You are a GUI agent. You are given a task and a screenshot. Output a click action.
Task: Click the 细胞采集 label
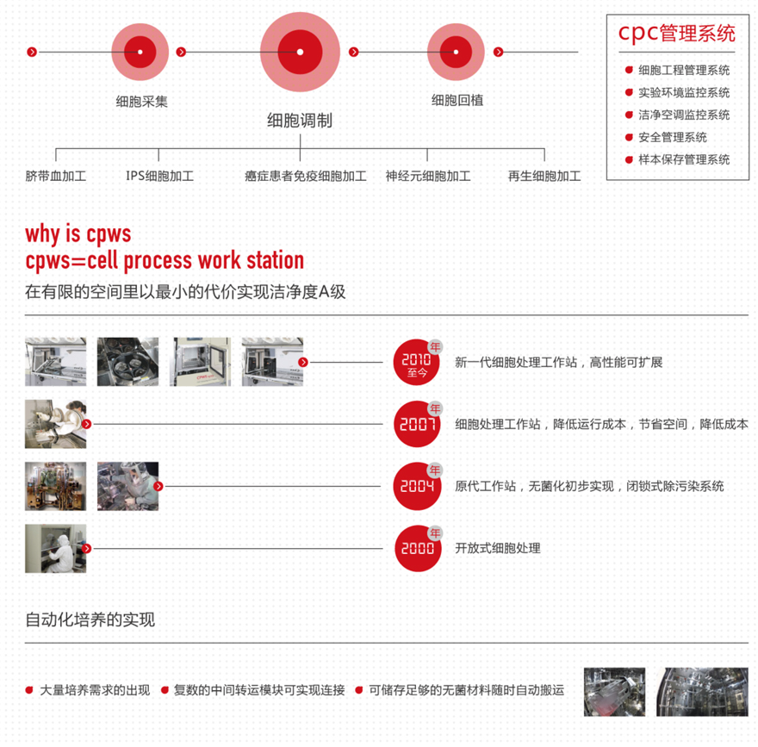(x=142, y=101)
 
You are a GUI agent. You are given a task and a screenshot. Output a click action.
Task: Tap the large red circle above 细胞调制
(x=300, y=52)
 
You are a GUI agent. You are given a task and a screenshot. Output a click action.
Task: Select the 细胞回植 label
(x=457, y=100)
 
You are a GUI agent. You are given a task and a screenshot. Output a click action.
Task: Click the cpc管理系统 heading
(x=676, y=34)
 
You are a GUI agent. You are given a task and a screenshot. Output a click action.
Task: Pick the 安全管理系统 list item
(x=672, y=137)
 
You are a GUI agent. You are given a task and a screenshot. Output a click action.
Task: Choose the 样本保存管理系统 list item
(x=683, y=159)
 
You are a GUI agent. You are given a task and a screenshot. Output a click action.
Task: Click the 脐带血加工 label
(x=56, y=177)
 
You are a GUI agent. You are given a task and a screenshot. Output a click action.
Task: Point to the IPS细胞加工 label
(x=159, y=177)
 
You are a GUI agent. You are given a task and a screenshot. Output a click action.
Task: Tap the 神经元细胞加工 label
(x=428, y=177)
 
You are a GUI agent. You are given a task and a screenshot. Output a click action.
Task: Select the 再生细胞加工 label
(x=544, y=177)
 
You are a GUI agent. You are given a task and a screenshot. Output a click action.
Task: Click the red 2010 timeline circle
(x=417, y=362)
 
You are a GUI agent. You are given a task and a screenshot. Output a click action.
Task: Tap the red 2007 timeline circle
(x=417, y=424)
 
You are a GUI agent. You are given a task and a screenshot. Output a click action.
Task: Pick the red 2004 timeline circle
(x=417, y=486)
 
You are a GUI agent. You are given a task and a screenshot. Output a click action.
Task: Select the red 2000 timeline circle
(x=417, y=548)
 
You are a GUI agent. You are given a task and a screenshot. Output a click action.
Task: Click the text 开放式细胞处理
(x=498, y=548)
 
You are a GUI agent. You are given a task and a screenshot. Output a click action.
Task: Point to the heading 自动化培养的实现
(x=90, y=619)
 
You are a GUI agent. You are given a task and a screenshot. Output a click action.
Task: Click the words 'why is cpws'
(x=78, y=233)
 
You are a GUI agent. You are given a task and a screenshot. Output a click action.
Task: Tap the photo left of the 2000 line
(x=55, y=548)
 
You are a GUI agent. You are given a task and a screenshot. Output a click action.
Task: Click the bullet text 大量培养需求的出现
(x=95, y=690)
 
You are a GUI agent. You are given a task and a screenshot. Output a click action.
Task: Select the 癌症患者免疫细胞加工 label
(x=306, y=177)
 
